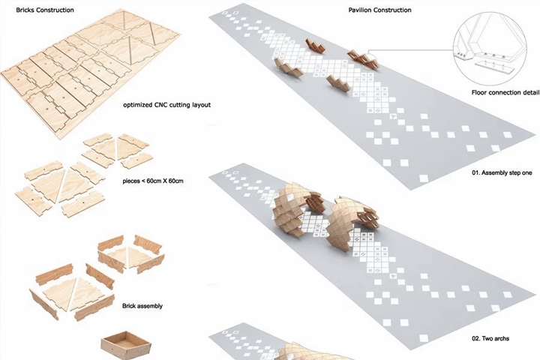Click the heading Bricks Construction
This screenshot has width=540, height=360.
[45, 10]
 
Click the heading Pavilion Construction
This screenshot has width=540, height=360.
[379, 10]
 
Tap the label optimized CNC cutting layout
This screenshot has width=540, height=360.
[166, 105]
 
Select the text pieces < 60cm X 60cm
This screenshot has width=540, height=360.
[153, 181]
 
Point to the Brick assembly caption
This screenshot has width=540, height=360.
[142, 306]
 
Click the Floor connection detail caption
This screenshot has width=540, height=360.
[505, 92]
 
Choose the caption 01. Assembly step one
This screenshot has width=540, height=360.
[502, 172]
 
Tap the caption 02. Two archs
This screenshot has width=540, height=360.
[490, 338]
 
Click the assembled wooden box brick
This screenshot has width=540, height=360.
[126, 346]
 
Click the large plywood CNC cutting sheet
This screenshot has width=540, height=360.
[90, 73]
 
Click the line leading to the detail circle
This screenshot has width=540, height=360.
[410, 50]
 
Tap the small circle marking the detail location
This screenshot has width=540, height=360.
[370, 61]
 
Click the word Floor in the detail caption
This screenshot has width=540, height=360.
[479, 92]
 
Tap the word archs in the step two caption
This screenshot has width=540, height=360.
[501, 338]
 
